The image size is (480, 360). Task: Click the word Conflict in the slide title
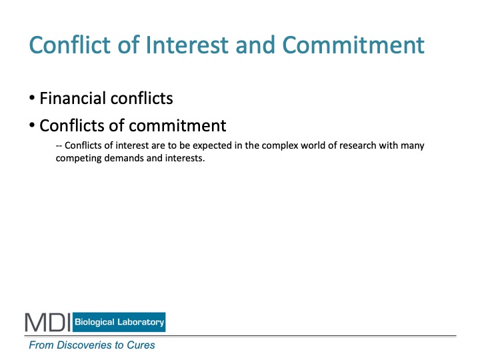(69, 45)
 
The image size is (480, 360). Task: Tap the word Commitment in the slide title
(353, 45)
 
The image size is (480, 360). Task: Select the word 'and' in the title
(255, 45)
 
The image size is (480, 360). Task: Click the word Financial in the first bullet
(73, 98)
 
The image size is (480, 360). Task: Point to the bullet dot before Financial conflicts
(32, 98)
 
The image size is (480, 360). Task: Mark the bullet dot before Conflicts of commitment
(32, 125)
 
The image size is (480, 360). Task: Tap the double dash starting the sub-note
(59, 146)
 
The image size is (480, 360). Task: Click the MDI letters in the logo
(48, 322)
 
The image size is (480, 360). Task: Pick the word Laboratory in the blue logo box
(141, 322)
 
